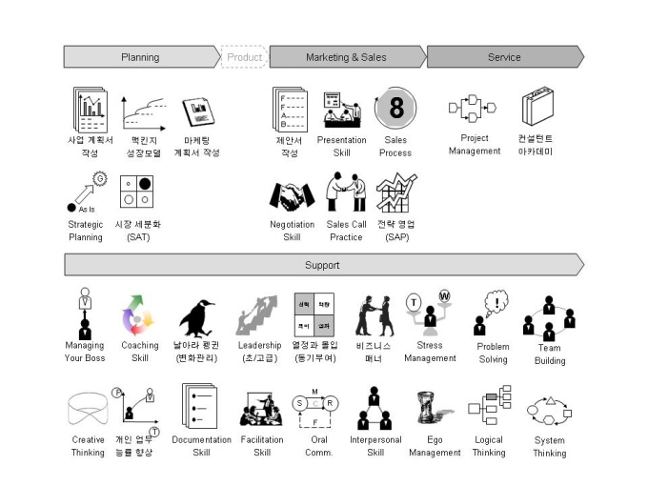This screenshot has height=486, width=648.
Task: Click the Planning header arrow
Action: (141, 57)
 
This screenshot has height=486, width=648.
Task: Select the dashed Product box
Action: (244, 57)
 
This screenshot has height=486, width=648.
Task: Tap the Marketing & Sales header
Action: (346, 57)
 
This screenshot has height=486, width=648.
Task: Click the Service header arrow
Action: (504, 57)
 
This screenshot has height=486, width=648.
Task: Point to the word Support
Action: (322, 264)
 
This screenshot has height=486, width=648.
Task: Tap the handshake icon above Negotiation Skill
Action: (292, 196)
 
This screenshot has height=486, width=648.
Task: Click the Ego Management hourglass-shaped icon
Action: (434, 409)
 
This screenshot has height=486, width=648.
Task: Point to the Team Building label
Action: (549, 354)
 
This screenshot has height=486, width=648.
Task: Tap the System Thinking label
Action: (549, 447)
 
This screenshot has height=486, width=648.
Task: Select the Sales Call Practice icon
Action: (346, 193)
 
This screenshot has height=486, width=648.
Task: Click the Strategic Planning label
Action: (86, 231)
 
